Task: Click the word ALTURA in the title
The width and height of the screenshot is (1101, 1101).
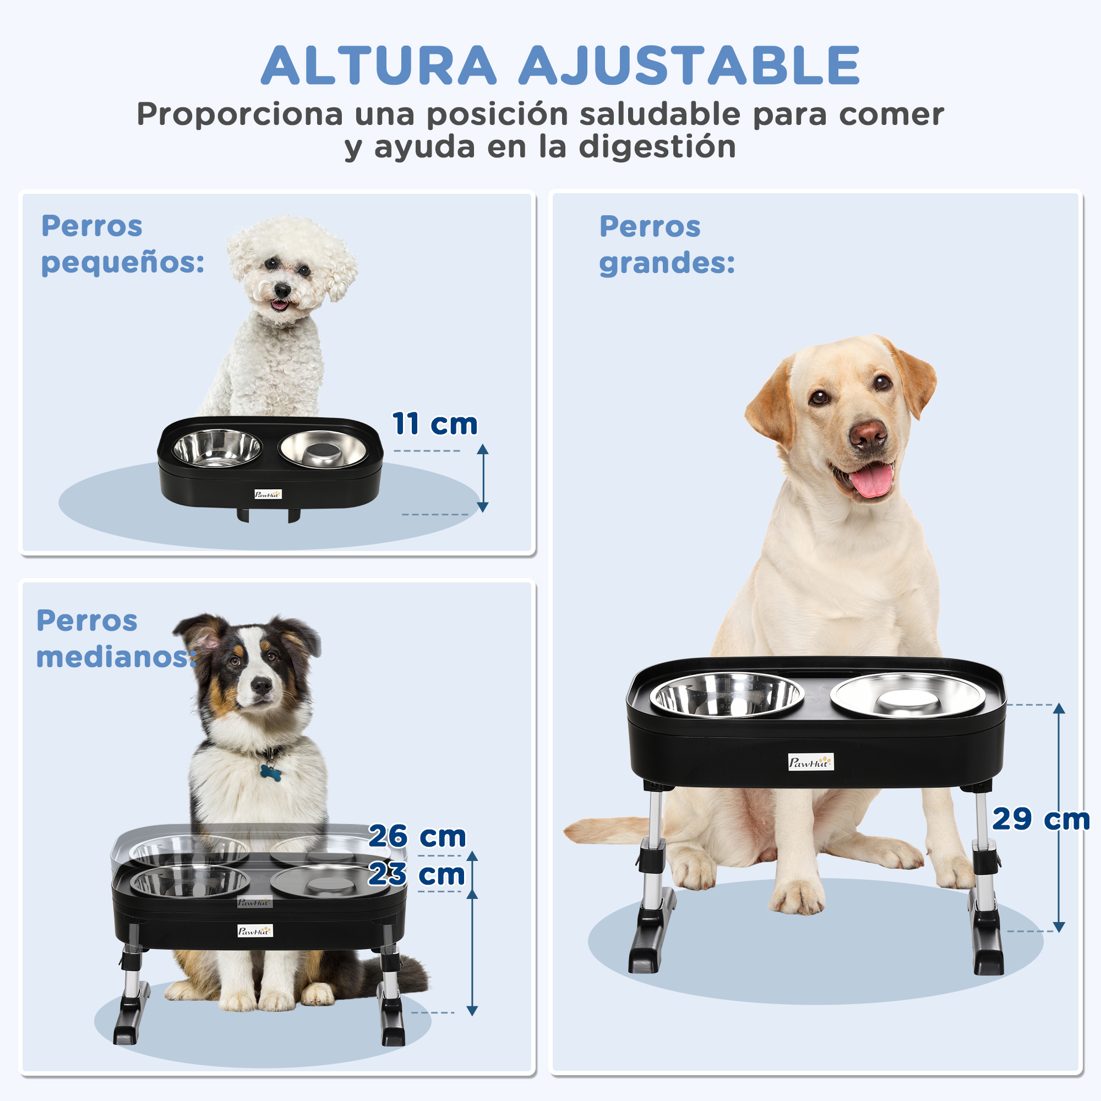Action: [379, 66]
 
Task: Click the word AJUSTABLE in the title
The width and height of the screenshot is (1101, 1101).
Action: [689, 66]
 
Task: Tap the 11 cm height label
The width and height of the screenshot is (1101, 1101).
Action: [435, 424]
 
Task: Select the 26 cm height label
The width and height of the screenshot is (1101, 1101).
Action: [417, 837]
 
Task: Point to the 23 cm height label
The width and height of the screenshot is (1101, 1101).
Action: [417, 875]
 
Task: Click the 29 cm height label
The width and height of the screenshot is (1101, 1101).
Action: [1040, 820]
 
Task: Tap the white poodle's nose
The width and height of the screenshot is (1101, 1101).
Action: [281, 291]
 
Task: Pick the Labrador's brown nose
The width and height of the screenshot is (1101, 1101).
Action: [868, 435]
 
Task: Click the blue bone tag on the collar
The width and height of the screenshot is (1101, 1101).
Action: [270, 772]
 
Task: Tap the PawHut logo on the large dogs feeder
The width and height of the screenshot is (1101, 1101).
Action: [811, 762]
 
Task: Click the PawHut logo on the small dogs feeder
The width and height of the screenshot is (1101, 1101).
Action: [268, 494]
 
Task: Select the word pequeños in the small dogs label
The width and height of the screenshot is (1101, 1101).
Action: [123, 263]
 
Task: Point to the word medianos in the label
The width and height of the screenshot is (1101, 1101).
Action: [116, 657]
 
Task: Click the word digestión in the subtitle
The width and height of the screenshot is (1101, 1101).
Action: [657, 148]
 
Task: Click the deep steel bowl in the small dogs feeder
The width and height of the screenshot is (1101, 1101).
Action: [216, 448]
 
